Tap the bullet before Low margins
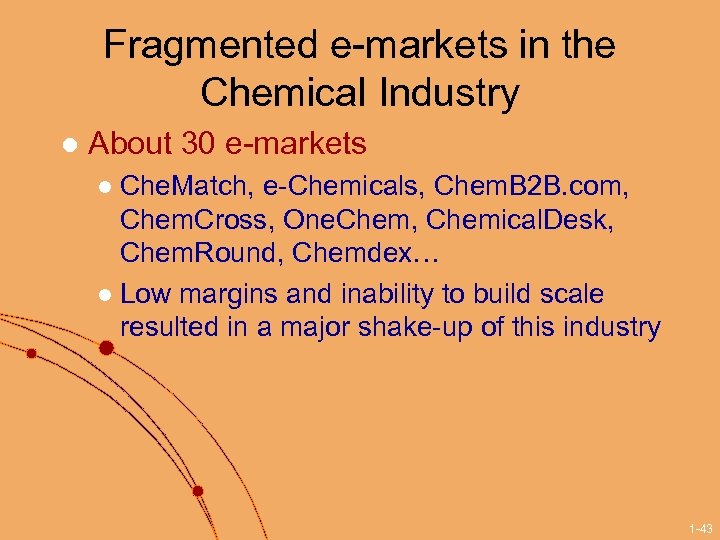point(106,295)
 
